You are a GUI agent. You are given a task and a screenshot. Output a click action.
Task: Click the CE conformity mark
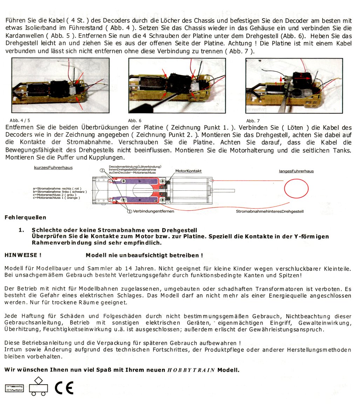coord(64,387)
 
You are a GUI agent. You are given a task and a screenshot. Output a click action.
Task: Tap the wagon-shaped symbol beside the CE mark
coord(38,387)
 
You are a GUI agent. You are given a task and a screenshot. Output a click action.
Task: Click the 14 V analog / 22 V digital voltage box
coord(14,388)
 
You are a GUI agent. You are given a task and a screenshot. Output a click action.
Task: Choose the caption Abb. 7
coord(253,121)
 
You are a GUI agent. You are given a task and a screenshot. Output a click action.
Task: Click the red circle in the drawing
coord(296,190)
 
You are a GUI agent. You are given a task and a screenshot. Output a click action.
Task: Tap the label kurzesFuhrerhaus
coord(53,168)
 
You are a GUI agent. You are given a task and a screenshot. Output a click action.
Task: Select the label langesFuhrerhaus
coord(296,171)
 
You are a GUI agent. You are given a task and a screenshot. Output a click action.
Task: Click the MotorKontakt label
coord(189,171)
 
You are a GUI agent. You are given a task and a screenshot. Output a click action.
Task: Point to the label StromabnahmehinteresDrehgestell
coord(270,211)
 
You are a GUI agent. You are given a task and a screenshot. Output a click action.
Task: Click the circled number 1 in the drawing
coord(129,211)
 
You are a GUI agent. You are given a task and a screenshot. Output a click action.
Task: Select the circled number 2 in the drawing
coord(102,170)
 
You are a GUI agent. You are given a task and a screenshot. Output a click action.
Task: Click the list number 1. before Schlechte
coord(21,230)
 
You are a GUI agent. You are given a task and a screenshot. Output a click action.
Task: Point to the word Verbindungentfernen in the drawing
coord(153,211)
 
